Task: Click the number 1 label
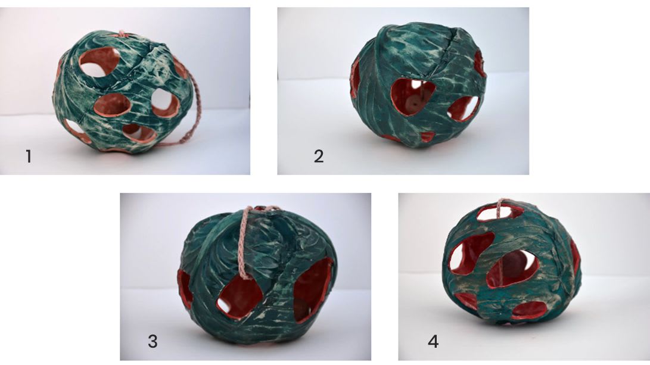29,157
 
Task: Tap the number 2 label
318,157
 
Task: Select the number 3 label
153,342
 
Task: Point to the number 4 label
433,342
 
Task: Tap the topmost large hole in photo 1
99,61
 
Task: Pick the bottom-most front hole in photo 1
139,133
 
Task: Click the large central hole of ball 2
412,98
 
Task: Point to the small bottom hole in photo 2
427,136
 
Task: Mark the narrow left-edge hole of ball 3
185,289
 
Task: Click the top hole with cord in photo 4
499,212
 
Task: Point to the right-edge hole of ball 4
575,257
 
